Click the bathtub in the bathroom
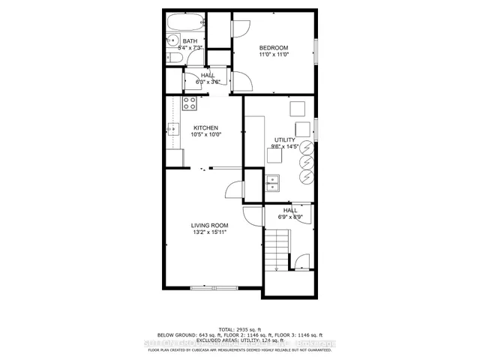pos(184,22)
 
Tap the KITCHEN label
pos(205,127)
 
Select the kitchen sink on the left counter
pos(172,130)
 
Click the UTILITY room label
pos(284,140)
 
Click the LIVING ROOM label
pos(209,225)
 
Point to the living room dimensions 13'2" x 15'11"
pos(209,232)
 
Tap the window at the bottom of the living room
pos(214,287)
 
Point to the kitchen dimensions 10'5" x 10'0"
pos(205,135)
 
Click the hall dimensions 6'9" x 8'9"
pos(289,217)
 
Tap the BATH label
pos(190,40)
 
